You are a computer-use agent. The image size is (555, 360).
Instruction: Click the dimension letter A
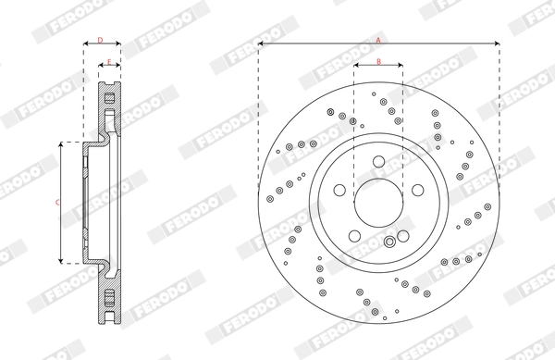tap(378, 40)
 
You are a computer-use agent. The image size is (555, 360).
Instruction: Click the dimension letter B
tap(379, 61)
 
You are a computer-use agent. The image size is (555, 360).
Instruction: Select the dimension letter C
tap(57, 201)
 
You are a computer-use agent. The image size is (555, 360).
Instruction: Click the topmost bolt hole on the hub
tap(379, 163)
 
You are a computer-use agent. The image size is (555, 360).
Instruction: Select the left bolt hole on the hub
tap(341, 191)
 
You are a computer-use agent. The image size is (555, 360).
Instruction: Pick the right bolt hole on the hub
tap(417, 191)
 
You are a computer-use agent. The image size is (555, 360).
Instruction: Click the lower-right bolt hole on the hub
tap(403, 235)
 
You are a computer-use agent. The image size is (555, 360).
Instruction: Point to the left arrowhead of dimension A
tap(261, 43)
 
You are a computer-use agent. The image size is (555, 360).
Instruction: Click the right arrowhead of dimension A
tap(498, 43)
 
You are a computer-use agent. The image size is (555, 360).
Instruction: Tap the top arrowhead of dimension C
tap(62, 144)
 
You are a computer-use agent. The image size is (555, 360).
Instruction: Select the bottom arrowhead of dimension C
tap(62, 261)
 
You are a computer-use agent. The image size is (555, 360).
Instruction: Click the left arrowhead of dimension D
tap(85, 44)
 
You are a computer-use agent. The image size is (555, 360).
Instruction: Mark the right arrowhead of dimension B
tap(401, 66)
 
